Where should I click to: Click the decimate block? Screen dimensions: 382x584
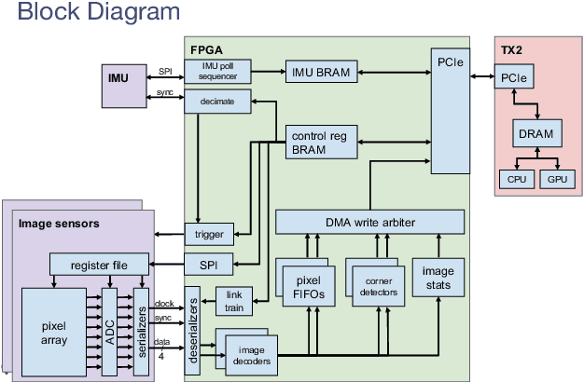[x=217, y=101]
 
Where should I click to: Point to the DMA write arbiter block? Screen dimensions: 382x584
[x=369, y=221]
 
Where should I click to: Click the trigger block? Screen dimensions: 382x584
[x=210, y=234]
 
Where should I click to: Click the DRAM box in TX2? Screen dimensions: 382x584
[x=535, y=134]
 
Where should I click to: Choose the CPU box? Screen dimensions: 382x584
[x=515, y=178]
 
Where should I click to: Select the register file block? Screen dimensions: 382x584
[x=98, y=264]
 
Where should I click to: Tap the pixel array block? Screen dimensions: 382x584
[x=54, y=332]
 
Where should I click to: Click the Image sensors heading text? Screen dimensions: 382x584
[x=58, y=223]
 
